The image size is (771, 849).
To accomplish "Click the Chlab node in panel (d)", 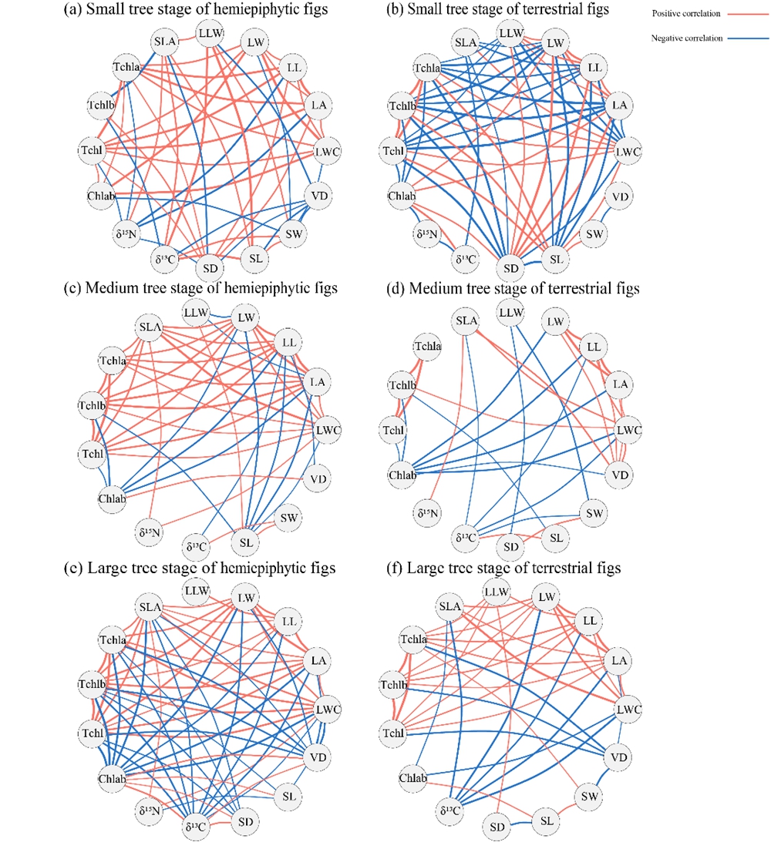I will tap(402, 474).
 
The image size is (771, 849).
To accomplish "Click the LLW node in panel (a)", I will tap(209, 34).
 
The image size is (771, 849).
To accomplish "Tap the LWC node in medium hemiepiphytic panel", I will tap(328, 429).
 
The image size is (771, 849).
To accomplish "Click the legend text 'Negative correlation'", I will tap(685, 38).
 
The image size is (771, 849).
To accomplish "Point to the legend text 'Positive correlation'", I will tap(684, 14).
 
